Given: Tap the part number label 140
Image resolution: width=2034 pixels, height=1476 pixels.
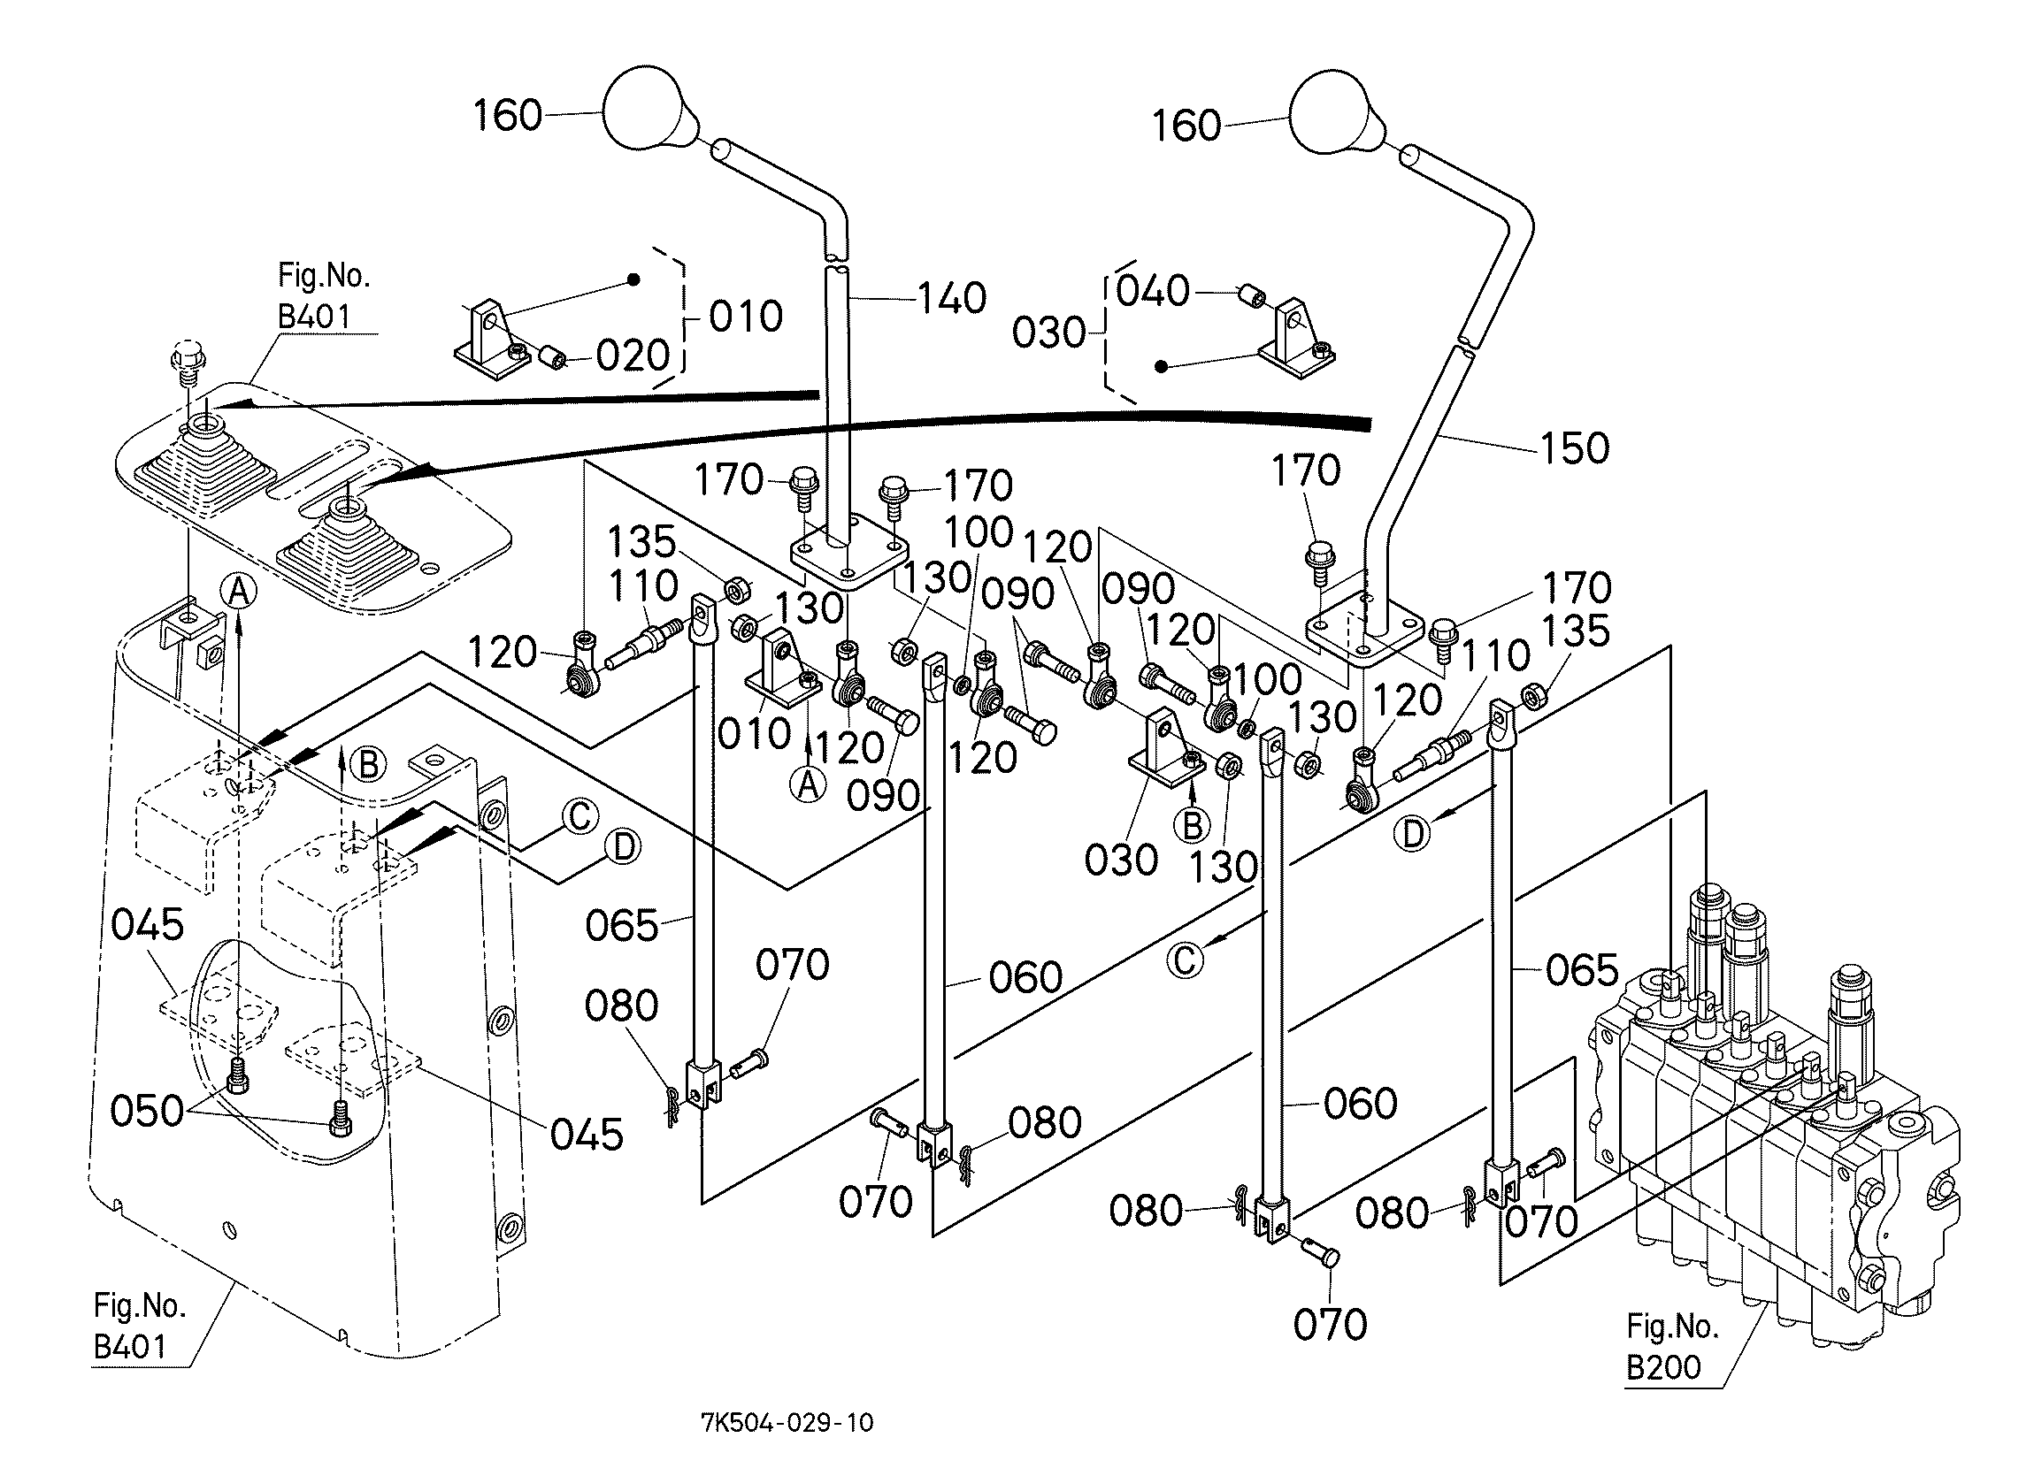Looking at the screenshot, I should tap(952, 298).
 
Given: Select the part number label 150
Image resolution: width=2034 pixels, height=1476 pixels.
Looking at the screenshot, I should tap(1574, 448).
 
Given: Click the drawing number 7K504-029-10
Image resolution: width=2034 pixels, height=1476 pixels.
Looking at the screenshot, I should tap(787, 1423).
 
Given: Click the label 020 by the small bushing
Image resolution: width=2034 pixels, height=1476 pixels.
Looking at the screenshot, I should tap(633, 357).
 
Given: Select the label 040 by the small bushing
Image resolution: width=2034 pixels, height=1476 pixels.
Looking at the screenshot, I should tap(1153, 292).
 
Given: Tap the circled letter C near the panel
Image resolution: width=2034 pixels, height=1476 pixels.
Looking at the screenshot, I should tap(579, 816).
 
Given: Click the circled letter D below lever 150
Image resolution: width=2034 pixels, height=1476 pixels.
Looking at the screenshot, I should tap(1412, 834).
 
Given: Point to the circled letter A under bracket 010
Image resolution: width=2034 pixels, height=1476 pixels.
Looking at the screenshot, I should tap(808, 784).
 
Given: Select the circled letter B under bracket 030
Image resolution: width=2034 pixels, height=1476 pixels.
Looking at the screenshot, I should tap(1192, 825).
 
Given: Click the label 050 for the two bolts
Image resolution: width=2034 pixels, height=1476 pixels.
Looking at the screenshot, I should tap(147, 1111).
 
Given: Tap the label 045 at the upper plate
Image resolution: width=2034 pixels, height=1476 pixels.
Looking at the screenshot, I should tap(147, 924).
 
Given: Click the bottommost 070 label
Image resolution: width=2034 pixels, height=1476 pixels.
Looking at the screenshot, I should tap(1330, 1325).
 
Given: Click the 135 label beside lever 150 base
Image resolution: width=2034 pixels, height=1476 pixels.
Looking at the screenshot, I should tap(1576, 631).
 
